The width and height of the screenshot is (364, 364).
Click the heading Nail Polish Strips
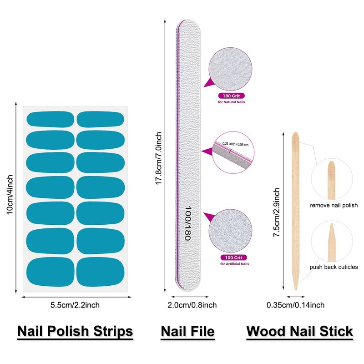75,331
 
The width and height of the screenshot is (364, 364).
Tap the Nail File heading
187,331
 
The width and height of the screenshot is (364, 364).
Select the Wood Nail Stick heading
299,331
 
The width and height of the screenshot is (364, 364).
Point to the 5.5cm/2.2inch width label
75,305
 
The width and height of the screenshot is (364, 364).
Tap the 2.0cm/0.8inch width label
187,305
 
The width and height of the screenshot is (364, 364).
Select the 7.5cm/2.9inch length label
276,212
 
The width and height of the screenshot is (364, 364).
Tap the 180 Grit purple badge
231,96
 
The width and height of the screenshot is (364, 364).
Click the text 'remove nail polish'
334,206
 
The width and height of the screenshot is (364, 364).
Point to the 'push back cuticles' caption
334,267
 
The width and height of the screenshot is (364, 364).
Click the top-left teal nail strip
50,119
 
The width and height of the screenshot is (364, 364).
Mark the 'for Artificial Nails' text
234,264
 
